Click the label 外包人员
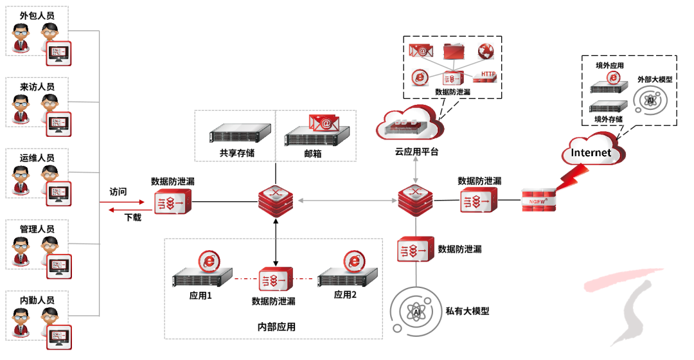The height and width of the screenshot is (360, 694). (37, 15)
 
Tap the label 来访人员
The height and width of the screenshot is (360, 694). (37, 87)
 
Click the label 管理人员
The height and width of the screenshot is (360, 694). (37, 229)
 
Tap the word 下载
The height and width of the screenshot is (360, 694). (132, 217)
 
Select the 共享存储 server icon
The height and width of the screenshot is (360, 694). (233, 134)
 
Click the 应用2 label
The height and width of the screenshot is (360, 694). (344, 294)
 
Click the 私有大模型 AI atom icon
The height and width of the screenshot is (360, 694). (416, 312)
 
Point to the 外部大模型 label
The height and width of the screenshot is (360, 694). (654, 79)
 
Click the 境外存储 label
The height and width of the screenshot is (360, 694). (608, 119)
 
